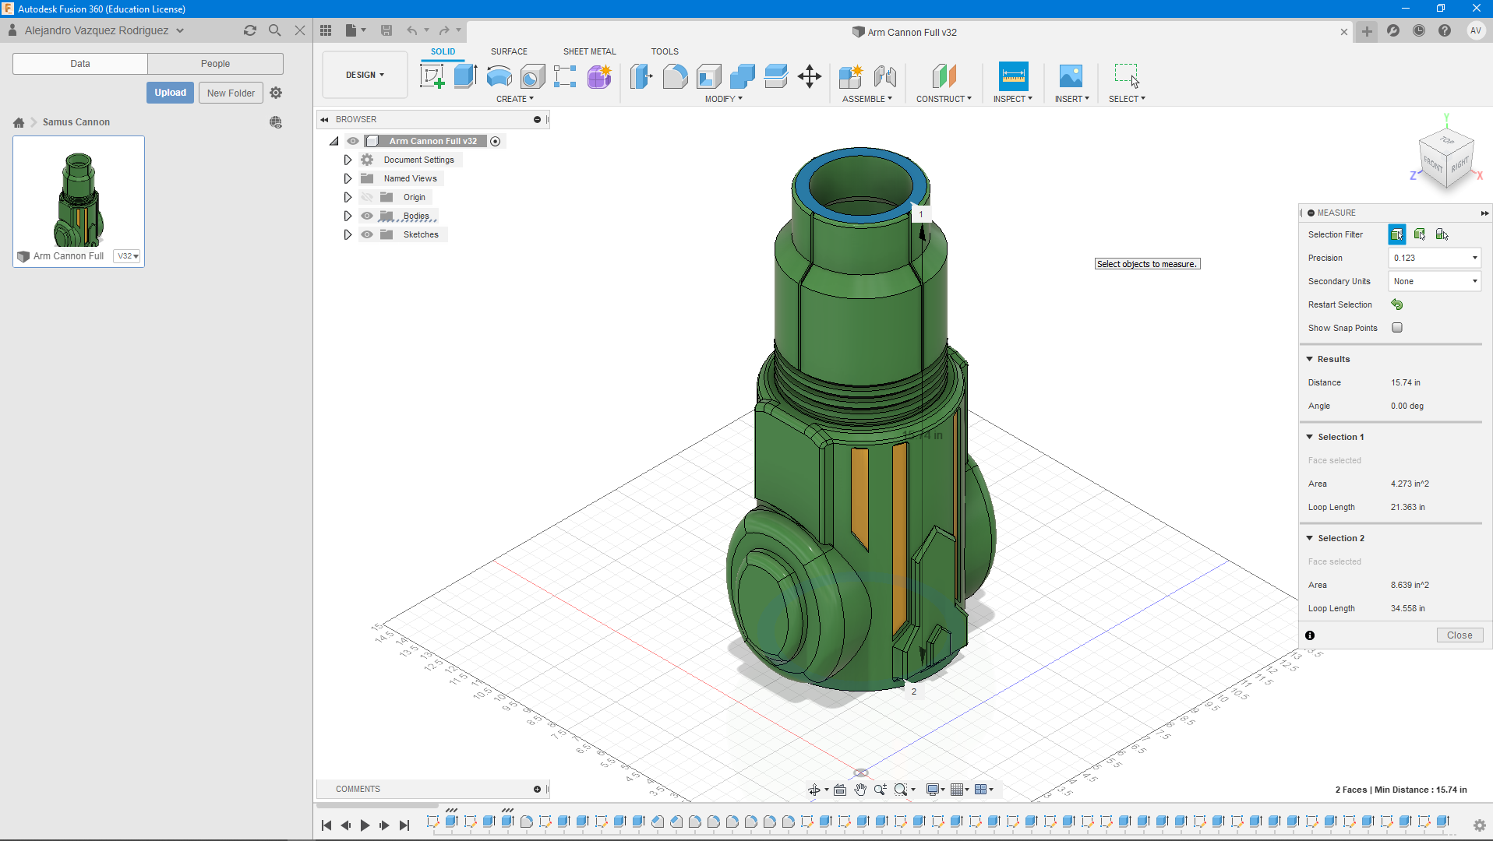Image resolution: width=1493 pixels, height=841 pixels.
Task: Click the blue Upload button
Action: coord(170,93)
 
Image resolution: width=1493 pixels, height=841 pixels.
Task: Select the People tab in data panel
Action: coord(215,64)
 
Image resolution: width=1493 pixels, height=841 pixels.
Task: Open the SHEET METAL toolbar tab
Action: coord(589,51)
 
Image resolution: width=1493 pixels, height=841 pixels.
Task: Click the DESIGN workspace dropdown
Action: coord(365,75)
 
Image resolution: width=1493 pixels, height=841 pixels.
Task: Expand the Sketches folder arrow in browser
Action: coord(348,234)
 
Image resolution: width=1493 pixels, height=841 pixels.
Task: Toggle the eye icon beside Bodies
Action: coord(367,216)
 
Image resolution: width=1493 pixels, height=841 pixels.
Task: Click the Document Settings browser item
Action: coord(418,160)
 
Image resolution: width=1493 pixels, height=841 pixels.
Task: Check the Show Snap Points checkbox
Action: coord(1397,328)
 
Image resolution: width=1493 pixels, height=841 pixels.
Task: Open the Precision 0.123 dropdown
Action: coord(1434,258)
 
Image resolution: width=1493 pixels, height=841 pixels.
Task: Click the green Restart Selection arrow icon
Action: coord(1397,304)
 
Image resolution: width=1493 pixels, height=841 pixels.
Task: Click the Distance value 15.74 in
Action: coord(1405,382)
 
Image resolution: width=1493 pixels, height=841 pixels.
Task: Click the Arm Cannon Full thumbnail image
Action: coord(79,199)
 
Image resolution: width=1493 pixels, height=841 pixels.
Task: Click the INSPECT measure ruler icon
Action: coord(1013,76)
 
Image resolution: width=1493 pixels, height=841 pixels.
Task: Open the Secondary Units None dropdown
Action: coord(1434,281)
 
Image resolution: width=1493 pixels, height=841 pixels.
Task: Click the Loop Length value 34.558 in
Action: coord(1407,608)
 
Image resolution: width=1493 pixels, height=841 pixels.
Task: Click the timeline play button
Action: coord(365,825)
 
